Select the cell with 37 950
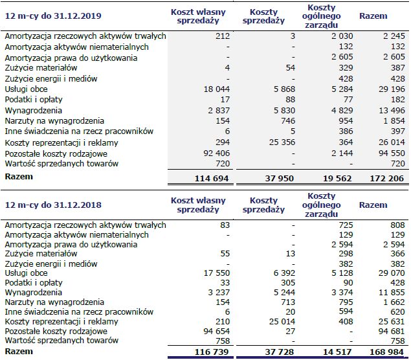click(x=279, y=177)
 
